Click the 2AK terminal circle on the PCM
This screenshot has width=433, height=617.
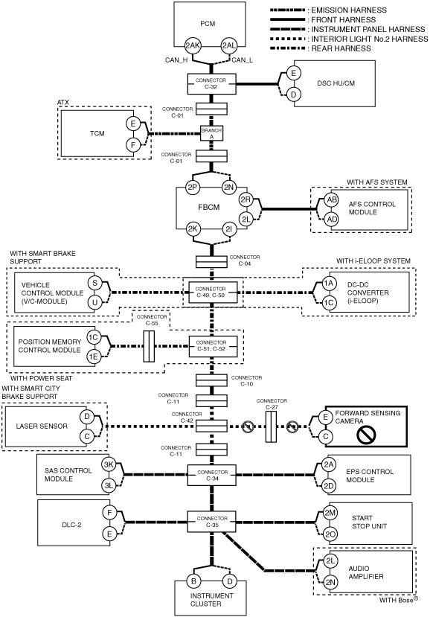[x=193, y=45]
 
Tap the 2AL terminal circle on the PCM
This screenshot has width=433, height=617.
[x=228, y=45]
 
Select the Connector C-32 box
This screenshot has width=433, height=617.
[x=211, y=83]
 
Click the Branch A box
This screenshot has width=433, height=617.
[x=211, y=133]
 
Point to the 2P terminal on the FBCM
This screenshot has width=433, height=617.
[x=192, y=188]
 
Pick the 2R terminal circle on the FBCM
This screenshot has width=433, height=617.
[x=246, y=200]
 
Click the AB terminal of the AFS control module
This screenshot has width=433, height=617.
[x=332, y=200]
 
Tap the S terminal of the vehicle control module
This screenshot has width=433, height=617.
[x=94, y=283]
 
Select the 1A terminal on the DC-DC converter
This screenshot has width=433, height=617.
[x=329, y=283]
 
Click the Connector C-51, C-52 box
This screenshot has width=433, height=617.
[x=214, y=346]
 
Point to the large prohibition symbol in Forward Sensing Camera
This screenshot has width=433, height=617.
[x=366, y=435]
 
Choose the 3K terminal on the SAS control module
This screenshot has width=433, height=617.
[x=109, y=464]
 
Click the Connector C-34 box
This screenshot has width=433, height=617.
[x=211, y=476]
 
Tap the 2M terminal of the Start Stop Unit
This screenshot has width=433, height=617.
[x=330, y=513]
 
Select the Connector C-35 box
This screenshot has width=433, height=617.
[x=211, y=522]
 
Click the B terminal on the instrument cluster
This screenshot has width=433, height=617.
[x=193, y=581]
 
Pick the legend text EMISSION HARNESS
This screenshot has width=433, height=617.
[x=349, y=10]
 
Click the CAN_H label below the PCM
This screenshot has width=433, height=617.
[x=176, y=60]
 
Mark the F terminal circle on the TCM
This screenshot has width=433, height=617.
[x=133, y=145]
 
